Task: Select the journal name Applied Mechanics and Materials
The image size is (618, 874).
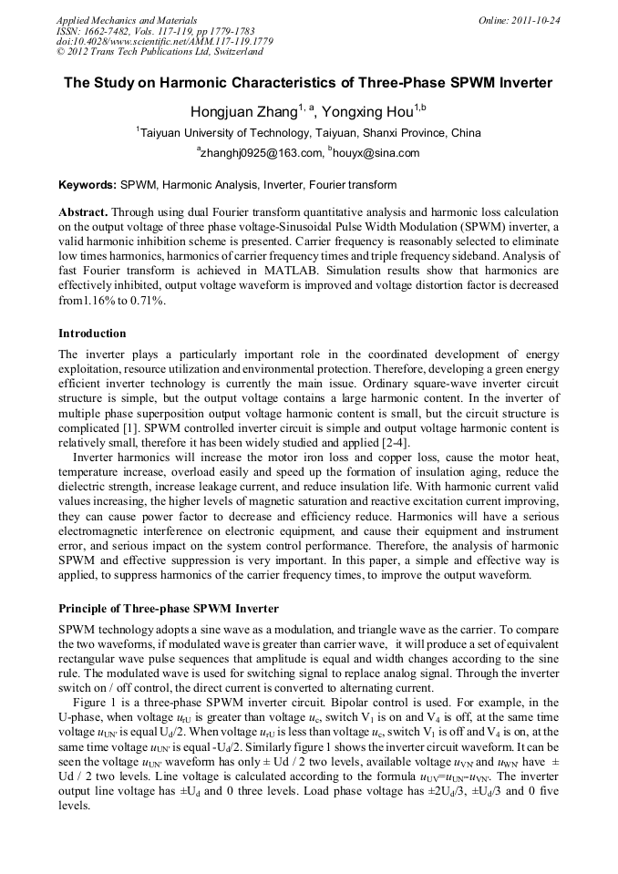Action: [127, 19]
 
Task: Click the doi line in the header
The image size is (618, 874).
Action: [164, 41]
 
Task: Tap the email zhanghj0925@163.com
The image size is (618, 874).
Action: [262, 153]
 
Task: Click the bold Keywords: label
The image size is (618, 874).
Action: [88, 184]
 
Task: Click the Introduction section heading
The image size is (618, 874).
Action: [92, 334]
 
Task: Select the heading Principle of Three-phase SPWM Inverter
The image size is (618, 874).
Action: [169, 608]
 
